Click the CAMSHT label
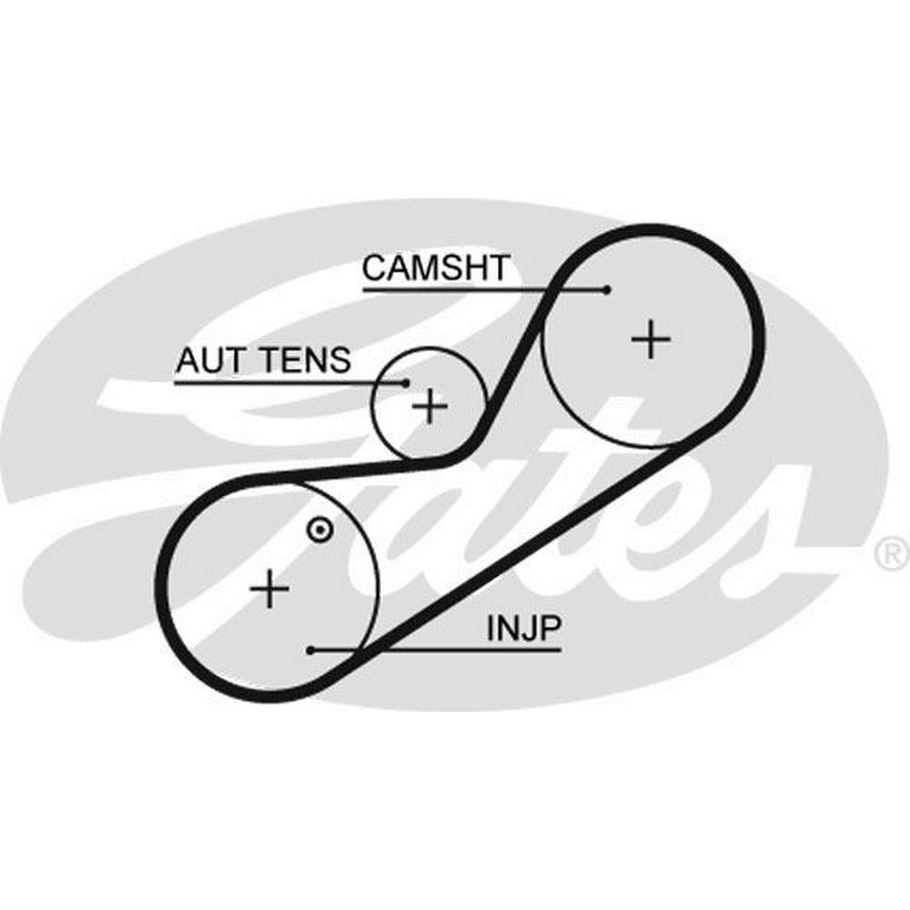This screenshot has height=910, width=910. pyautogui.click(x=436, y=268)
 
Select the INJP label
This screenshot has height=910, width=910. pyautogui.click(x=524, y=628)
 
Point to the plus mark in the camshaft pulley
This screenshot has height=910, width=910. pyautogui.click(x=651, y=339)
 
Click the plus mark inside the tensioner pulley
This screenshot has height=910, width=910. pyautogui.click(x=430, y=406)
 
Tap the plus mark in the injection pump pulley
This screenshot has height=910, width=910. pyautogui.click(x=269, y=589)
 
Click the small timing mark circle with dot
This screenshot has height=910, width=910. pyautogui.click(x=319, y=530)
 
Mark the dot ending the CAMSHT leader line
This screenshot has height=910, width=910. pyautogui.click(x=607, y=289)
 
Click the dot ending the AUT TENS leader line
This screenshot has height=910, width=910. pyautogui.click(x=406, y=383)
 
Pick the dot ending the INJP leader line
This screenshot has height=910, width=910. pyautogui.click(x=311, y=651)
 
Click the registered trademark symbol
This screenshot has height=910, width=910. pyautogui.click(x=892, y=553)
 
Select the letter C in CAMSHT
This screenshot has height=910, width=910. pyautogui.click(x=376, y=268)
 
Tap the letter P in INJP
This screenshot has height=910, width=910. pyautogui.click(x=551, y=628)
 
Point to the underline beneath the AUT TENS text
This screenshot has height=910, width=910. pyautogui.click(x=290, y=383)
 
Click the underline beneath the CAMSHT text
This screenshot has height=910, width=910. pyautogui.click(x=485, y=289)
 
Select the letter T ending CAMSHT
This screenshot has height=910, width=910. pyautogui.click(x=499, y=268)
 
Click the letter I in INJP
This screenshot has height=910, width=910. pyautogui.click(x=490, y=628)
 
